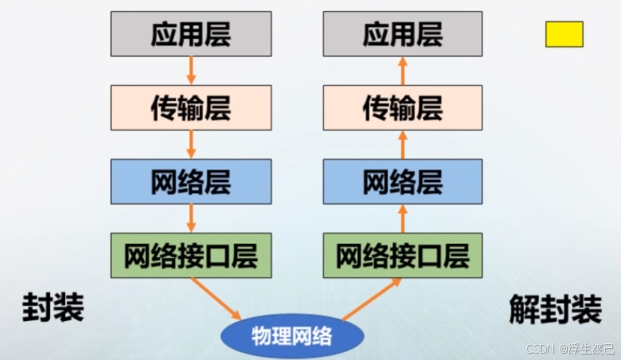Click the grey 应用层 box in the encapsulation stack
coord(190,33)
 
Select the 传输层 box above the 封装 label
coord(190,108)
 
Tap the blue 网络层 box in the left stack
coord(190,182)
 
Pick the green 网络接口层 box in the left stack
coord(190,256)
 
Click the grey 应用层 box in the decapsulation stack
coord(402,33)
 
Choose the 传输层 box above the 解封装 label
coord(402,108)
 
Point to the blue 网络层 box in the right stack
coord(402,182)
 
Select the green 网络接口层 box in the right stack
coord(402,256)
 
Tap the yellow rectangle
coord(564,33)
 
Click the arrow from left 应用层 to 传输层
coord(190,71)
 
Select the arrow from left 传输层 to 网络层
coord(190,145)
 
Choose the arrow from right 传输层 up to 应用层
coord(402,71)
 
